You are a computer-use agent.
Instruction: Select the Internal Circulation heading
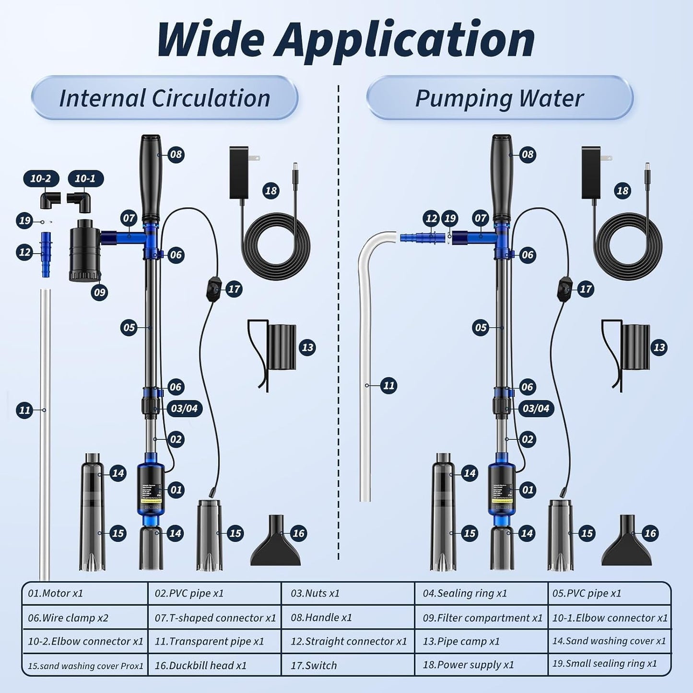(x=164, y=98)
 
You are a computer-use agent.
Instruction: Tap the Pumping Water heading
(x=499, y=98)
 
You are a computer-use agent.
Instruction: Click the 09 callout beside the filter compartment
(x=99, y=292)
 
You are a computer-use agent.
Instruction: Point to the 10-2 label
(x=41, y=179)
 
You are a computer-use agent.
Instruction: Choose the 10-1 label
(x=85, y=179)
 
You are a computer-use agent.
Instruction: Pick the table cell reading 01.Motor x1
(x=84, y=593)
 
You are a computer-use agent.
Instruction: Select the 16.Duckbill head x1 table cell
(x=214, y=665)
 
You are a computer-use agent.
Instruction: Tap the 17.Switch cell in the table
(x=348, y=665)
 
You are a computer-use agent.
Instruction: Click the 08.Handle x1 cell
(x=348, y=617)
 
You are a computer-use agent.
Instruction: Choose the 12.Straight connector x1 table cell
(x=348, y=641)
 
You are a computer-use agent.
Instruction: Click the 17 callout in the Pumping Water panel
(x=586, y=289)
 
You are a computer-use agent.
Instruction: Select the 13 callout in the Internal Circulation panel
(x=307, y=348)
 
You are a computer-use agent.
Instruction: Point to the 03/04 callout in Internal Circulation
(x=184, y=409)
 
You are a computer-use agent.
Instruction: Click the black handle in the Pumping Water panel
(x=502, y=177)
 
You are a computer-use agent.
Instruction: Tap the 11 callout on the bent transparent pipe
(x=388, y=386)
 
